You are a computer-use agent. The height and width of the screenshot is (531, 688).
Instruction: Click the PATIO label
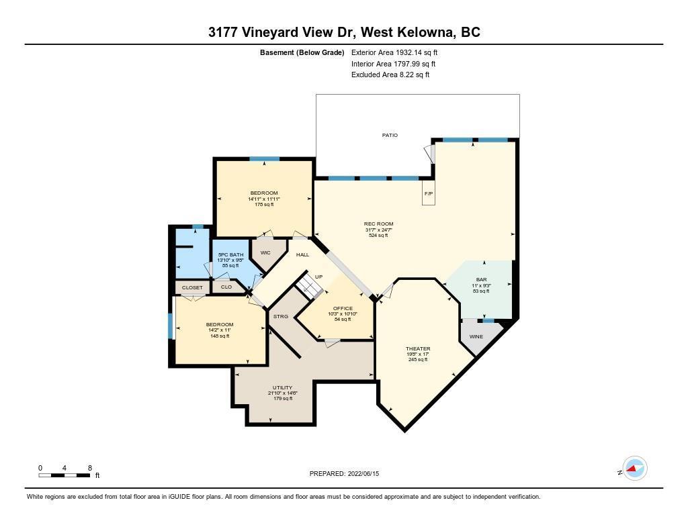coord(390,135)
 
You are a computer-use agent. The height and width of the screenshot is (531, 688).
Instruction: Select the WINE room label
coord(476,337)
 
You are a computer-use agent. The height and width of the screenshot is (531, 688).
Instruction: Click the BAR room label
coord(481,279)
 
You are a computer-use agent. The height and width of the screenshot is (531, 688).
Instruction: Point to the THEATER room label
coord(418,348)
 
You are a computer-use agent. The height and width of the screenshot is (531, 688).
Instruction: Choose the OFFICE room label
coord(343,308)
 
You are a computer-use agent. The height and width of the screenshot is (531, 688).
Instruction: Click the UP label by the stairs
coord(318,277)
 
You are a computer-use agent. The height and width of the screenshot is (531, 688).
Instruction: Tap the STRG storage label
coord(281,316)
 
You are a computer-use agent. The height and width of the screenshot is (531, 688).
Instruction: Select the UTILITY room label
coord(283,387)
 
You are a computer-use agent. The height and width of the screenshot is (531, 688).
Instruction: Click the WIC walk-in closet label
coord(265,252)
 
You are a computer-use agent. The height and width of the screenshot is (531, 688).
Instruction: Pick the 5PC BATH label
coord(231,254)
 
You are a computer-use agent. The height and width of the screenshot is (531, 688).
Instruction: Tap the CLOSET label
coord(192,287)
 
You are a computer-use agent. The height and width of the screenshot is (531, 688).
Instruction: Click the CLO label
coord(226,287)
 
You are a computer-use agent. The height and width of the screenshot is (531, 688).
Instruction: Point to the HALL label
coord(302,254)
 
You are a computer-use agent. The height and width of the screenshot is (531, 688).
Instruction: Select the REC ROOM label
coord(379,224)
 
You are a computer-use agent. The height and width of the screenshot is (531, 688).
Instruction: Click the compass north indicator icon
coord(635,469)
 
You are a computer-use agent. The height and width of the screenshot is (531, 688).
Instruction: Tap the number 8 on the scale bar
coord(90,468)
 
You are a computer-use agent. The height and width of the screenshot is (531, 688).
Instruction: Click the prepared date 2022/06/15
coord(363,473)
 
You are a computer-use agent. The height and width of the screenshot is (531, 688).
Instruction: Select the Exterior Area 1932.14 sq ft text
coord(394,52)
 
